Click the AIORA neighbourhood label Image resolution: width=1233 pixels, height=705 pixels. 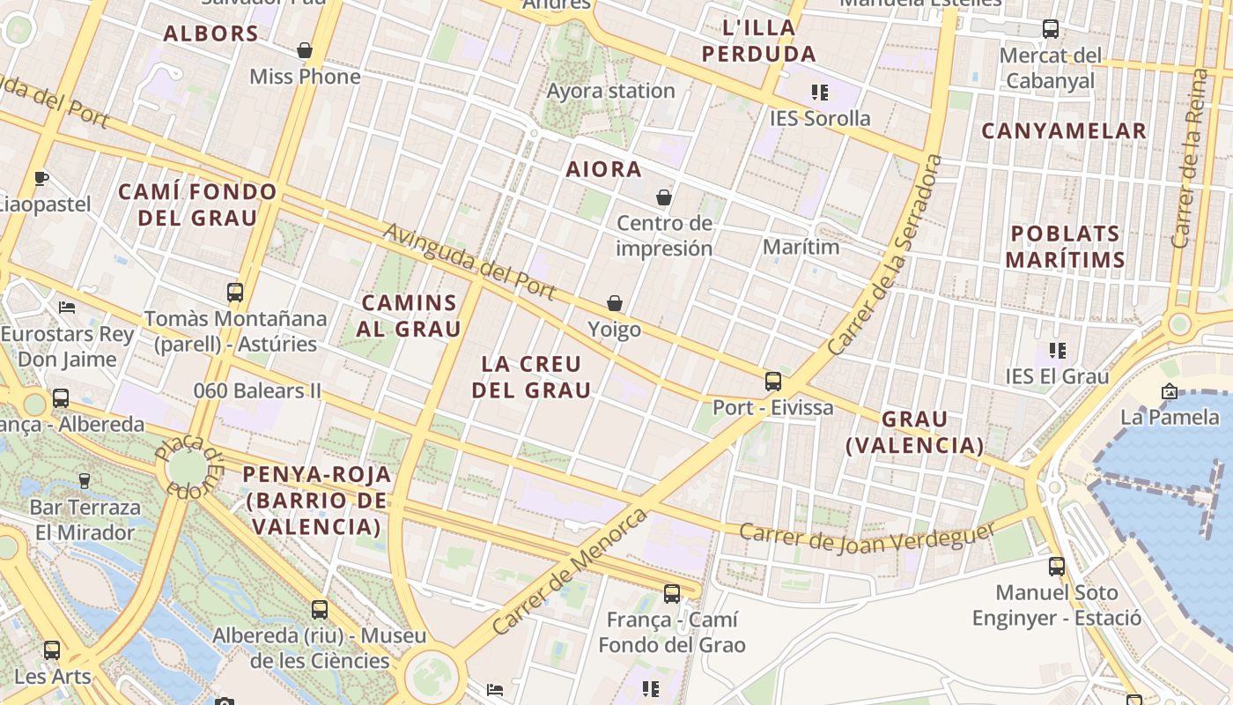[604, 169]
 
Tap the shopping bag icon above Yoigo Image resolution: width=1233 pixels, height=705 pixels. [615, 303]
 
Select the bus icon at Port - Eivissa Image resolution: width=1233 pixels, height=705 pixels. [772, 381]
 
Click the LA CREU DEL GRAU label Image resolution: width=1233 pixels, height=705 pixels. [531, 376]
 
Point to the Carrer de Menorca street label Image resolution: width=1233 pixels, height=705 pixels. [570, 571]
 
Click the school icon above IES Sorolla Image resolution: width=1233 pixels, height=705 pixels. [820, 92]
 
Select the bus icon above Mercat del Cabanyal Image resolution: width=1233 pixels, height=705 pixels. [1051, 28]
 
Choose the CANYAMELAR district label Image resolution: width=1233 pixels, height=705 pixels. [1064, 131]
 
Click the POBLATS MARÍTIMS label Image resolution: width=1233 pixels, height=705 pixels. [1065, 247]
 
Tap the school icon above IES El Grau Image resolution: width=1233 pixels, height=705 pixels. [1058, 351]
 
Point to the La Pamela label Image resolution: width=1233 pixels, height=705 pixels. [1170, 416]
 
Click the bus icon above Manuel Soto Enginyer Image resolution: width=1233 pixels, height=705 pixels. [1057, 566]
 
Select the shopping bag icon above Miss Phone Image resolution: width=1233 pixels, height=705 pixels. [305, 50]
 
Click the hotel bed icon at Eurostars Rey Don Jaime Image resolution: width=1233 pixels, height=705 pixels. [67, 307]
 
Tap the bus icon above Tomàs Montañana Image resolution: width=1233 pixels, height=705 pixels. [235, 292]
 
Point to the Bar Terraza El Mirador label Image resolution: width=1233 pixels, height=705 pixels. [85, 520]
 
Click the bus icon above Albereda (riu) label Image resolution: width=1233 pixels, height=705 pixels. [319, 609]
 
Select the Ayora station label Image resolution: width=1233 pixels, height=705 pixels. [610, 91]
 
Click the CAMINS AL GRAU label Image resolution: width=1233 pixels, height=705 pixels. [410, 315]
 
